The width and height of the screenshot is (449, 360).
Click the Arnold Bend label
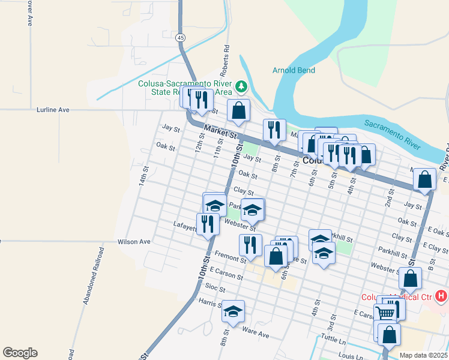click(294, 70)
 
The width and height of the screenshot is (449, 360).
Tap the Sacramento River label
click(392, 134)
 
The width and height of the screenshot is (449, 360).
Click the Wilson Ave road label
click(134, 241)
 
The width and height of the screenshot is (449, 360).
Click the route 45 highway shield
click(181, 38)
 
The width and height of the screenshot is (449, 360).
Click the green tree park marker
click(241, 87)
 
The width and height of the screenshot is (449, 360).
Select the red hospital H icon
click(442, 296)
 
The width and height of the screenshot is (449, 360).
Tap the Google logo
click(20, 353)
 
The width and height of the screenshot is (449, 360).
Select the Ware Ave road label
click(255, 331)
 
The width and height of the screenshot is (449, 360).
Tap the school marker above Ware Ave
click(233, 310)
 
